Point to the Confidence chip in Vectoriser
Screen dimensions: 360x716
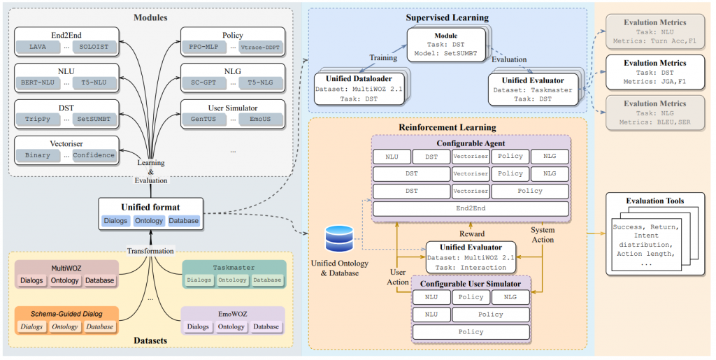(x=94, y=155)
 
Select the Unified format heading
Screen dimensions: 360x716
(x=150, y=207)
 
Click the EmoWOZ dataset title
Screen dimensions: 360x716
(x=232, y=312)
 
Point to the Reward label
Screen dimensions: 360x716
(x=473, y=234)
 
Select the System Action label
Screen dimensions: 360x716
(x=543, y=234)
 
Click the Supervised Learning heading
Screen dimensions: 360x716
(x=447, y=17)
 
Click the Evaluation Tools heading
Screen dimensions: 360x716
(x=655, y=201)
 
